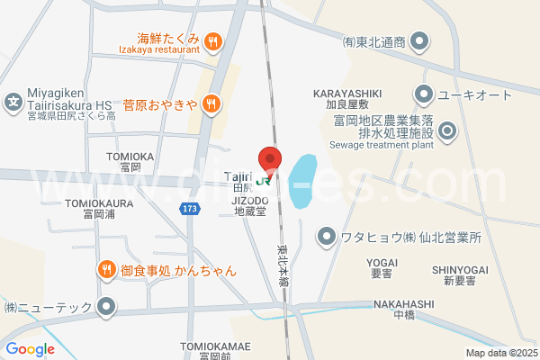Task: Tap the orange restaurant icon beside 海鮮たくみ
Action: (212, 40)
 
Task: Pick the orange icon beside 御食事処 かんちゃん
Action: (106, 269)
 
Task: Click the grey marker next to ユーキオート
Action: (424, 94)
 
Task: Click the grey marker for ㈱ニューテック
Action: (107, 307)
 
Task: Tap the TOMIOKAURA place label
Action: (99, 203)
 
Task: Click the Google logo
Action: (30, 348)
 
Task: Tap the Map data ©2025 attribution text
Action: (500, 353)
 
